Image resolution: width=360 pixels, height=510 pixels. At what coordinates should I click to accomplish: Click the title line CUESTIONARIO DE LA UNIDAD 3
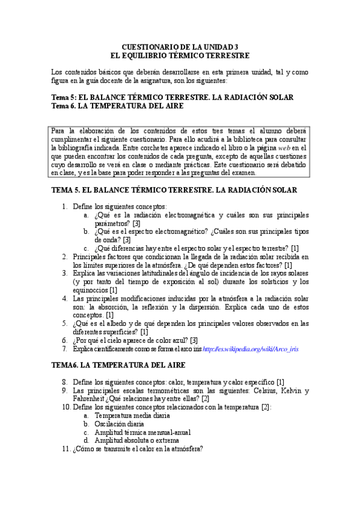[x=180, y=46]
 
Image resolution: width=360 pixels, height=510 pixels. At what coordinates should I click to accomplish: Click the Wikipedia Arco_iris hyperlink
[x=251, y=349]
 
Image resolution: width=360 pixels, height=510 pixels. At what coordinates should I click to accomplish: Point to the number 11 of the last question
[x=66, y=449]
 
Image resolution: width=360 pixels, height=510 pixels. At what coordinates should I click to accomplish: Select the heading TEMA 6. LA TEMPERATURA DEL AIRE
[x=118, y=365]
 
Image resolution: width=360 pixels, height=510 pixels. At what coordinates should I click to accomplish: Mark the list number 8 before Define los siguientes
[x=65, y=382]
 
